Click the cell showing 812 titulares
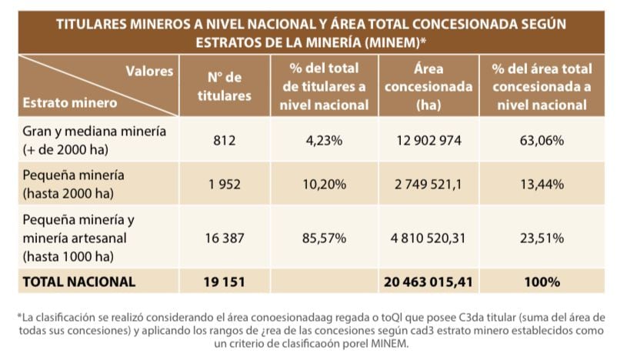[x=225, y=141]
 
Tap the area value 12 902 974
[x=428, y=141]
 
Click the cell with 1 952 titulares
[x=225, y=185]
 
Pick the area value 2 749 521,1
[x=428, y=185]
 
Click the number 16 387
[x=225, y=239]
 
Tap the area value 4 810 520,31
[x=428, y=239]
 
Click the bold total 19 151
[x=225, y=282]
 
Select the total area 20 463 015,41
[x=428, y=282]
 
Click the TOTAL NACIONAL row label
[x=79, y=282]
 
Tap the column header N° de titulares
[x=225, y=86]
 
